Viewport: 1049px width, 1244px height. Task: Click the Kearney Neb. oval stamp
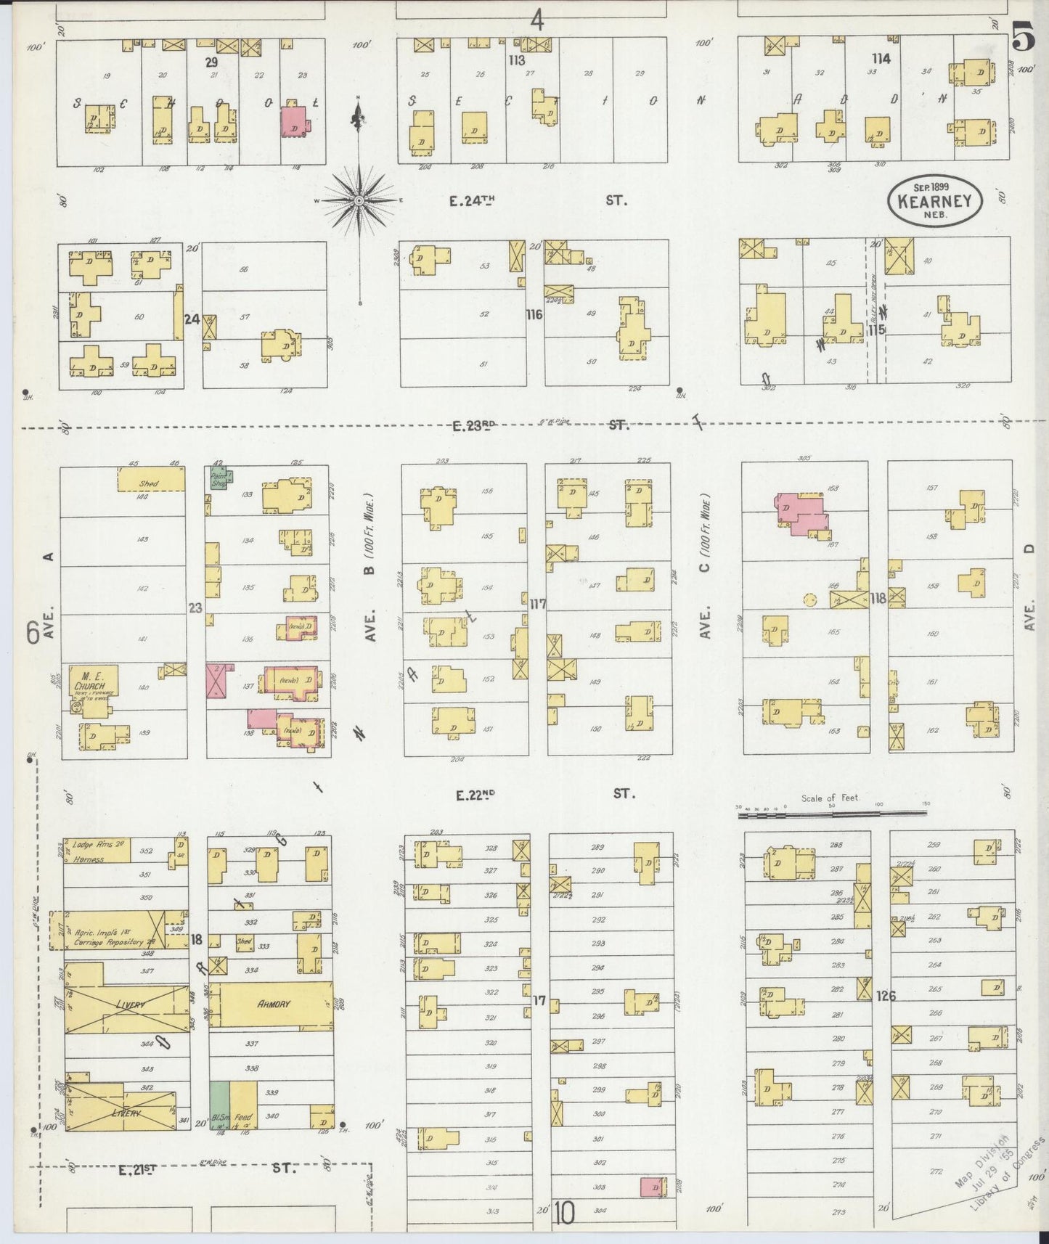pyautogui.click(x=934, y=200)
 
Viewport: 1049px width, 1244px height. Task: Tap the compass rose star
pyautogui.click(x=359, y=199)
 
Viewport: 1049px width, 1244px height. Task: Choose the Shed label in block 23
pyautogui.click(x=149, y=483)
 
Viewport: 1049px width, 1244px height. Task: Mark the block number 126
pyautogui.click(x=886, y=996)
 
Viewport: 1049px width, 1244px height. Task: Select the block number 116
pyautogui.click(x=534, y=315)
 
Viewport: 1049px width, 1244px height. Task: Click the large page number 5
pyautogui.click(x=1024, y=40)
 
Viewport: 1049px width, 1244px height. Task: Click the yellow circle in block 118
pyautogui.click(x=809, y=600)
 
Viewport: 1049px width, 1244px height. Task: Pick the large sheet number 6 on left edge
pyautogui.click(x=33, y=633)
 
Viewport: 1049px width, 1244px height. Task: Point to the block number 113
pyautogui.click(x=516, y=60)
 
